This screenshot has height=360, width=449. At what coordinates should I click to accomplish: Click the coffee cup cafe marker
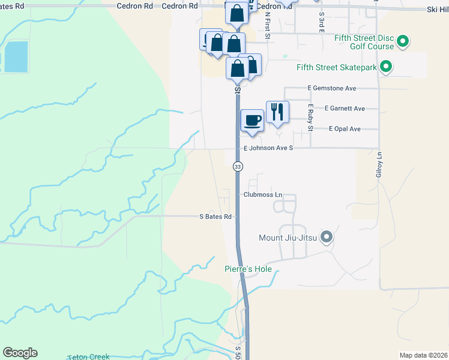[252, 119]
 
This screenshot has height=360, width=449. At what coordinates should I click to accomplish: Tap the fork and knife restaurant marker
[277, 112]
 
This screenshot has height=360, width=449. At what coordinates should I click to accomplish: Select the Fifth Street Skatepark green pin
[387, 67]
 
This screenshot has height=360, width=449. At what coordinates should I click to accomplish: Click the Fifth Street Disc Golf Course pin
[403, 42]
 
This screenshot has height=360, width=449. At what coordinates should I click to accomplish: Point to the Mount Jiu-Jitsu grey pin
[327, 238]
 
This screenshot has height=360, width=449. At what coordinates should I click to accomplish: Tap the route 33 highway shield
[238, 166]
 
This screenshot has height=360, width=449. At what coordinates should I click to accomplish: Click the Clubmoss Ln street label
[262, 195]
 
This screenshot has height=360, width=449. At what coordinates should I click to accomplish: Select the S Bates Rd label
[215, 217]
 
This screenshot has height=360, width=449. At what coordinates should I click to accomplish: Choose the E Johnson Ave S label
[268, 148]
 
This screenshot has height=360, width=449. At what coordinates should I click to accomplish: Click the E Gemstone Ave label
[332, 88]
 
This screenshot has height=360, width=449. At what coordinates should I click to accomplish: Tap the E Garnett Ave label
[345, 109]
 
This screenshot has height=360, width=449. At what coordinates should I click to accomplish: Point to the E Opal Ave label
[345, 129]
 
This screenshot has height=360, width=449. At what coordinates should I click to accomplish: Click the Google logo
[20, 353]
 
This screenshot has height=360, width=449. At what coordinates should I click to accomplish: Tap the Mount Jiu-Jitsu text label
[283, 238]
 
